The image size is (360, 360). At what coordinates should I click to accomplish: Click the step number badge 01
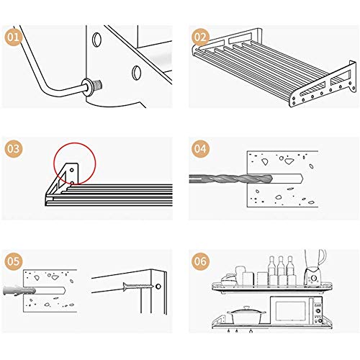coord(13,37)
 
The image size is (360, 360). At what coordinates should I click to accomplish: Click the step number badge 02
coord(200,37)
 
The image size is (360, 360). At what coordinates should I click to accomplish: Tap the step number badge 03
coord(13,148)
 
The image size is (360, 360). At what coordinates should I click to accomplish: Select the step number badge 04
coord(200,148)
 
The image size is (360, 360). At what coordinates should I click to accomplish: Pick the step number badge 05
coord(13,261)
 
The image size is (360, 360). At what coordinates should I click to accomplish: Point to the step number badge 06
coord(200,261)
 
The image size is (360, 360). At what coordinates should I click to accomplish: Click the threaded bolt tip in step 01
coord(98,84)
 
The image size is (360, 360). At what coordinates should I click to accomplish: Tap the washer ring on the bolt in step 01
coord(88,87)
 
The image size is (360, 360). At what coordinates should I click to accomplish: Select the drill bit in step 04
coord(231,179)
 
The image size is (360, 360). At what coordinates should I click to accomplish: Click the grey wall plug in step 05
coord(19,290)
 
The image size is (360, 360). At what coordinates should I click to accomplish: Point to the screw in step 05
coord(138,286)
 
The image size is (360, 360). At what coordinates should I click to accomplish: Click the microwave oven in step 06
coord(297,310)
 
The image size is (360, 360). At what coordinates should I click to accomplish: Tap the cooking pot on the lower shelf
coord(247,315)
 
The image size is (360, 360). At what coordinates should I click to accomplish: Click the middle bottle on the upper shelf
coord(281,271)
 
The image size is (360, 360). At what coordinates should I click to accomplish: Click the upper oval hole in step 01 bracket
coord(96,40)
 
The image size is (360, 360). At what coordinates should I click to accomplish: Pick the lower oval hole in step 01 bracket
coord(136,72)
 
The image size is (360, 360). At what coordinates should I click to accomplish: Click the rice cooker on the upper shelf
coord(230,279)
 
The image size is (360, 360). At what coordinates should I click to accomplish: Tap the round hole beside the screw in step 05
coord(158,287)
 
